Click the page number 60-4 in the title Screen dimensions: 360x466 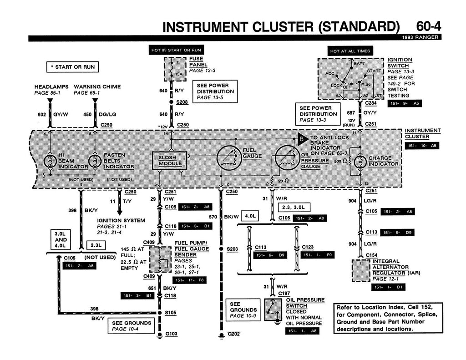[x=428, y=27]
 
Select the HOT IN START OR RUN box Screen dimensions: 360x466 [x=176, y=50]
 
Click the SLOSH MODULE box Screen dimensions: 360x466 [x=170, y=160]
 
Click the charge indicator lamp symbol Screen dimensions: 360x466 [x=360, y=161]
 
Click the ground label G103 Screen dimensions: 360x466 [x=171, y=334]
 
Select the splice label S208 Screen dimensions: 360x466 [x=182, y=102]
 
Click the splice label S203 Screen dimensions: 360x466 [x=232, y=249]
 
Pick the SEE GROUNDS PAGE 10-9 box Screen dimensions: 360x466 [x=243, y=310]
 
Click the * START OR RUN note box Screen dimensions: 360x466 [x=73, y=67]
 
